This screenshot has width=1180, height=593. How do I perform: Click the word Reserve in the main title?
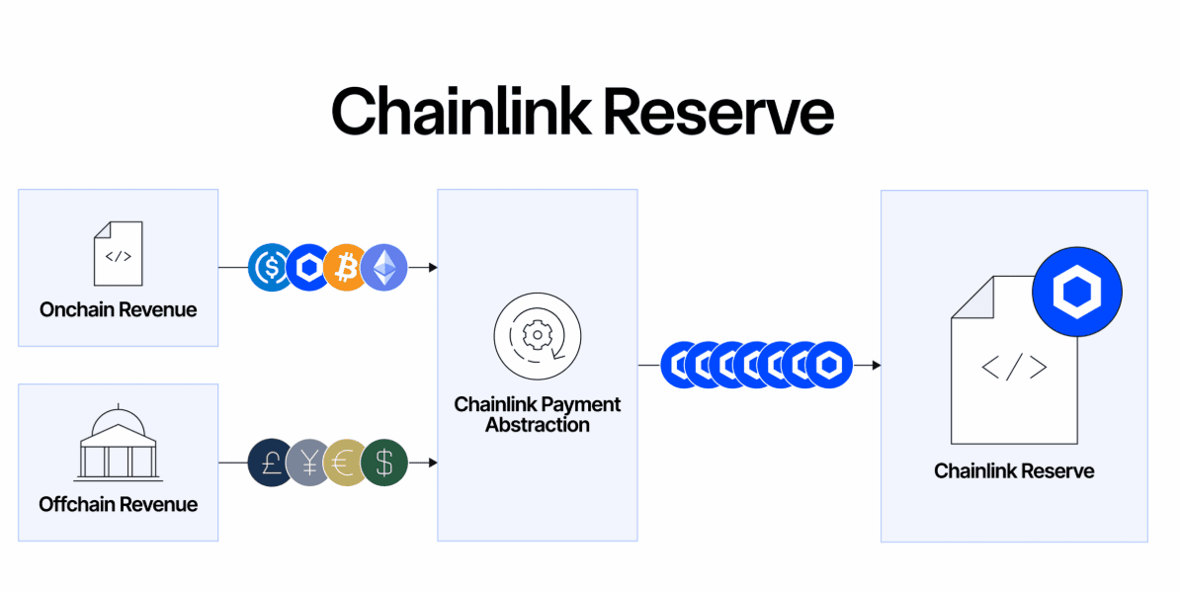pyautogui.click(x=718, y=111)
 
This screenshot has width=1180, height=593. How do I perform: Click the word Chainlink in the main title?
pyautogui.click(x=461, y=111)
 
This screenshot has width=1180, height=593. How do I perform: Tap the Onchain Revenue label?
pyautogui.click(x=119, y=309)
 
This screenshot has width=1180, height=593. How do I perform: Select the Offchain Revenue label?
pyautogui.click(x=119, y=504)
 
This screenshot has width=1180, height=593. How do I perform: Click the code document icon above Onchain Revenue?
pyautogui.click(x=119, y=254)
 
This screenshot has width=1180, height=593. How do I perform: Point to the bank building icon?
pyautogui.click(x=118, y=444)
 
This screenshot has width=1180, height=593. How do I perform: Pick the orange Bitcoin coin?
pyautogui.click(x=346, y=267)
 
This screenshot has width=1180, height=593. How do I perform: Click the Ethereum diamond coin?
pyautogui.click(x=383, y=267)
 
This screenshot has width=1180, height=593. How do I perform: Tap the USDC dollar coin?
pyautogui.click(x=271, y=267)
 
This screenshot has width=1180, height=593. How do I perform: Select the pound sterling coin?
pyautogui.click(x=271, y=463)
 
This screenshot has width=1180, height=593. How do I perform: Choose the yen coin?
pyautogui.click(x=308, y=463)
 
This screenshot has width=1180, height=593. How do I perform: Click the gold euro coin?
pyautogui.click(x=346, y=463)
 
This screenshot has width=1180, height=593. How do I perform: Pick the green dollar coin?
pyautogui.click(x=383, y=463)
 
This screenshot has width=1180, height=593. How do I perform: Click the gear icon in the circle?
pyautogui.click(x=537, y=336)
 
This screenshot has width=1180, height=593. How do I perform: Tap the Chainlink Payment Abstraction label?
pyautogui.click(x=538, y=415)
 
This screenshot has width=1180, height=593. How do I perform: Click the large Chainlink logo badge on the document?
pyautogui.click(x=1077, y=293)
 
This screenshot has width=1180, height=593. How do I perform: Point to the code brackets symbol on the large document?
pyautogui.click(x=1014, y=368)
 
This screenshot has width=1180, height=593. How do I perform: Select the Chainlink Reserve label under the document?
pyautogui.click(x=1014, y=471)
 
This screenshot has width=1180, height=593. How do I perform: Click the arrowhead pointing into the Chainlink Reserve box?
pyautogui.click(x=876, y=366)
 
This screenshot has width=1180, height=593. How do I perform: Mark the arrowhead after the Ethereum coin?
pyautogui.click(x=432, y=267)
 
